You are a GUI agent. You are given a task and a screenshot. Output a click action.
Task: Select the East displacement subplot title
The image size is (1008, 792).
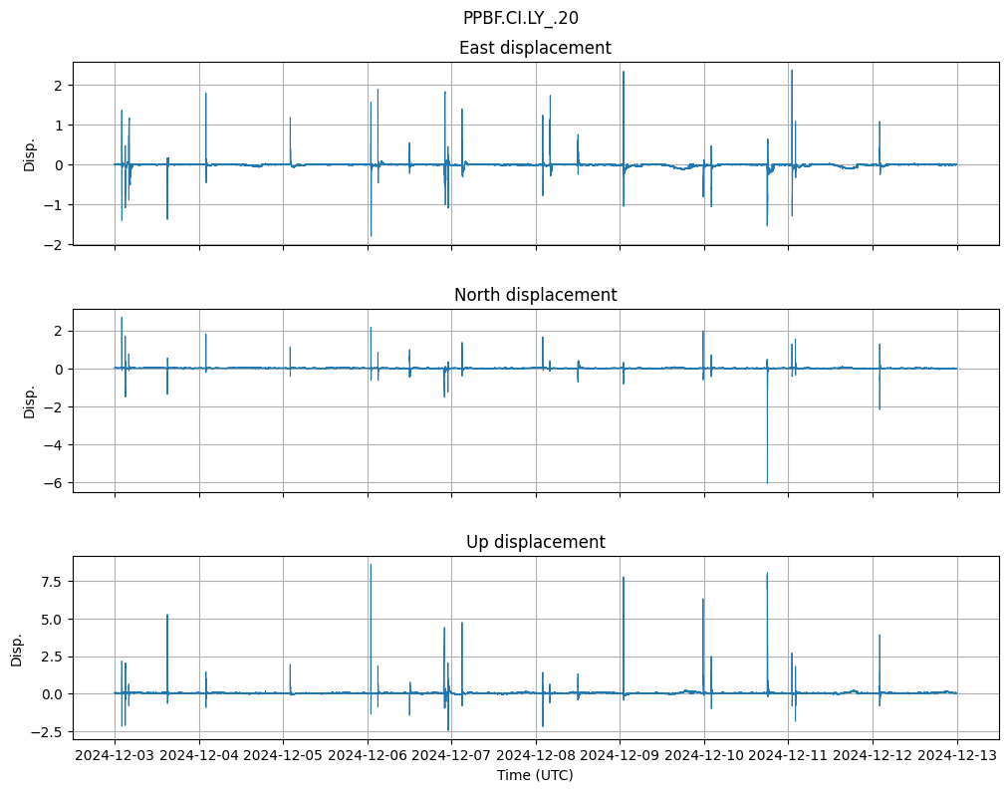pos(535,48)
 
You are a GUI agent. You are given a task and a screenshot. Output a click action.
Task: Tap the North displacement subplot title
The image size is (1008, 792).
pos(535,295)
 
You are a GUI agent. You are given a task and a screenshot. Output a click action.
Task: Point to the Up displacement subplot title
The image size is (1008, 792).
pos(535,542)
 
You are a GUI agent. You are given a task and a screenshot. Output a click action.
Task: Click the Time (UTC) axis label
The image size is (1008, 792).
pos(535,775)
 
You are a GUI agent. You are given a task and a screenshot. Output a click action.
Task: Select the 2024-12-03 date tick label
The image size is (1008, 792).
pos(115,755)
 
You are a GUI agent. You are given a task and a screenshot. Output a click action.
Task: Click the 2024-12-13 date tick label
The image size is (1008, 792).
pos(957,755)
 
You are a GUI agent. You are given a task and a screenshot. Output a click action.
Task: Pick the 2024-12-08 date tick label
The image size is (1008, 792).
pos(536,755)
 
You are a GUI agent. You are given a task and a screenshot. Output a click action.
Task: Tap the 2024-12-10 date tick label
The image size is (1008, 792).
pos(704,755)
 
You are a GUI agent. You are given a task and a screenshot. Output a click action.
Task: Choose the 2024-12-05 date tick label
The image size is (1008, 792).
pos(283,755)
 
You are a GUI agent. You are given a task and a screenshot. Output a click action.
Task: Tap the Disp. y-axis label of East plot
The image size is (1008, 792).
pos(30,154)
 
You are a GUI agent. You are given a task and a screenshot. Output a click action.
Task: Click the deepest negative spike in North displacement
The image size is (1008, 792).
pos(767,481)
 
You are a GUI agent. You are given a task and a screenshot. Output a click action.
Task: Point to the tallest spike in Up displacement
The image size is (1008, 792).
pos(371,566)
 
